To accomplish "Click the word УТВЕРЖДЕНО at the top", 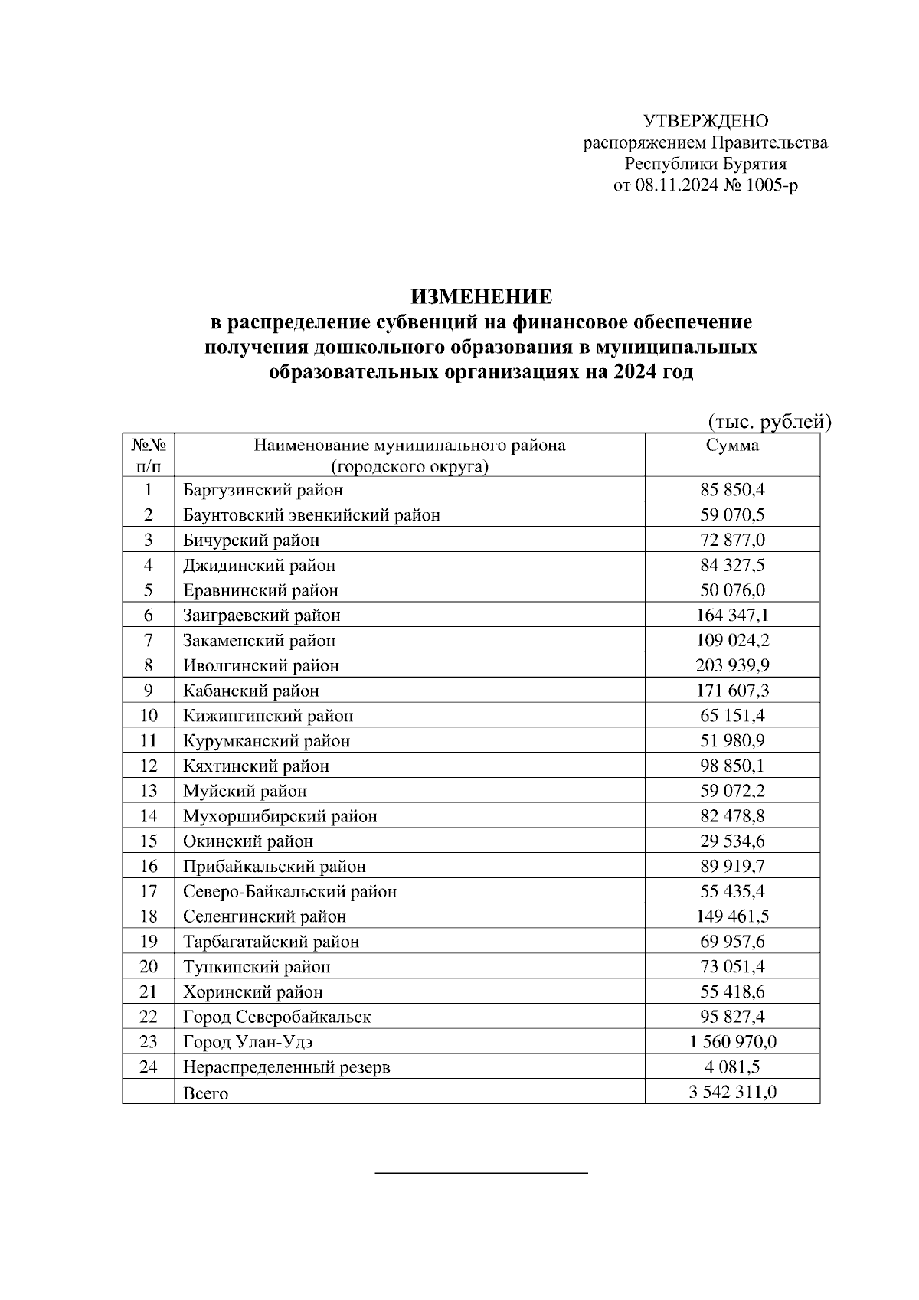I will point(705,121).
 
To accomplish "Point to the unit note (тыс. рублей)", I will point(768,421).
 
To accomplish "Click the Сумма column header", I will point(732,446).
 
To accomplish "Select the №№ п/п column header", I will point(148,456).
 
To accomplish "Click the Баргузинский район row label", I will point(263,490).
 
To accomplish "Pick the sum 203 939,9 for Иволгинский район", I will point(732,665).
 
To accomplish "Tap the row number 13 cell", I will point(148,791).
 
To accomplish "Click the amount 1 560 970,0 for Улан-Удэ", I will point(732,1042).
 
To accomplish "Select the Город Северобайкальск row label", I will point(276,1017).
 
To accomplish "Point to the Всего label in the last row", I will point(205,1093).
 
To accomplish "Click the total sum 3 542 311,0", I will point(732,1092).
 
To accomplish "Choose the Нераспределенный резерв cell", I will point(286,1067).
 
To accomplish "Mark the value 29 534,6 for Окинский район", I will point(732,841).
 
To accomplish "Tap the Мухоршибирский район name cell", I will point(280,816).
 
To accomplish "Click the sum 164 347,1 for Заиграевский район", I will point(732,616).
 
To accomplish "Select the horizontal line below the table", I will point(481,1172).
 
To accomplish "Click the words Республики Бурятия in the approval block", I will point(705,164).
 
